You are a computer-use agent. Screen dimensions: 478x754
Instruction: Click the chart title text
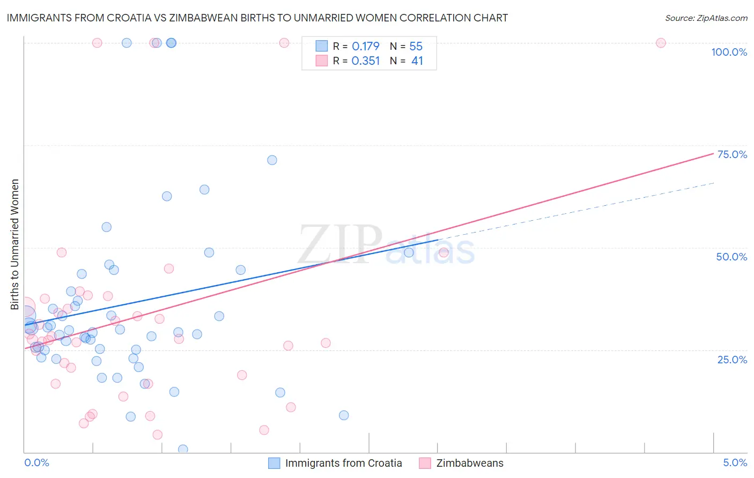257,18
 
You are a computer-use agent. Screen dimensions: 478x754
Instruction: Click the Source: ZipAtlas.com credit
706,18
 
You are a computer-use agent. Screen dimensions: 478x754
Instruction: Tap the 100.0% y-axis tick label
729,52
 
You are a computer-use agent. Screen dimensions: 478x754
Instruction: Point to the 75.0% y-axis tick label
732,154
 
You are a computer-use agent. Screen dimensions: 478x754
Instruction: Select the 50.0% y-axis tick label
731,257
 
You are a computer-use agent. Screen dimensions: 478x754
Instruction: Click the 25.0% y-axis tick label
732,360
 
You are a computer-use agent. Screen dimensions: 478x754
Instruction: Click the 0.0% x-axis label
36,462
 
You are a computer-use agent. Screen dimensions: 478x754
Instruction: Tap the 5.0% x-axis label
735,462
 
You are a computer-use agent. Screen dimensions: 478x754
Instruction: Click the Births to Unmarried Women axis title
15,244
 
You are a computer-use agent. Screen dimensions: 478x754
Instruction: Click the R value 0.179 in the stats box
366,47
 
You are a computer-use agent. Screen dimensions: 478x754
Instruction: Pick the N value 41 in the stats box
417,61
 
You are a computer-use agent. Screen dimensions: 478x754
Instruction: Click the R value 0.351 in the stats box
366,61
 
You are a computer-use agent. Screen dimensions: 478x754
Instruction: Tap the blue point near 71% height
272,160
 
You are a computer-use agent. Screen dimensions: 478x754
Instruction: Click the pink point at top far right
661,43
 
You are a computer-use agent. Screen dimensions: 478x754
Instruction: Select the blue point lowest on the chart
183,449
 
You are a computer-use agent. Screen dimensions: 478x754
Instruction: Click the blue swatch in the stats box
321,46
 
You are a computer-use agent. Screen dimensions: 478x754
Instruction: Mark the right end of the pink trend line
714,153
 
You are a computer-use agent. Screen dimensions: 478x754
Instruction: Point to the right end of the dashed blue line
714,183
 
